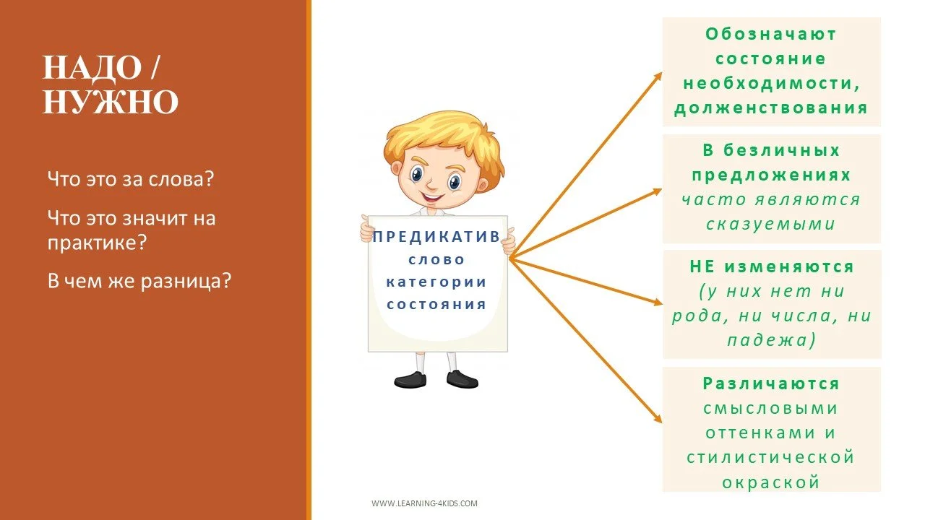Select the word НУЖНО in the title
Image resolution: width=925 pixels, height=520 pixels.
point(111,103)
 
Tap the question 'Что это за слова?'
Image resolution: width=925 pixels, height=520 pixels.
point(131,178)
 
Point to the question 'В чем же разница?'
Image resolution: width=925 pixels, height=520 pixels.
point(139,280)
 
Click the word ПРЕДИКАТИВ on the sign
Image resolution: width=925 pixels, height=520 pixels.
point(436,237)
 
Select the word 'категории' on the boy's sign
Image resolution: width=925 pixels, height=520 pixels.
point(436,282)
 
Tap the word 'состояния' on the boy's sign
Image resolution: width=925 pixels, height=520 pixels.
point(436,304)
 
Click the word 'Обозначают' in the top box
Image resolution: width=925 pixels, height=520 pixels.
point(771,34)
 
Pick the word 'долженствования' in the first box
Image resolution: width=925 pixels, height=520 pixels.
point(771,108)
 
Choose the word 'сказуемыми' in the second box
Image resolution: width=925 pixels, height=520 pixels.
point(771,224)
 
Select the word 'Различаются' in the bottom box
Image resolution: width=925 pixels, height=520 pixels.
point(771,383)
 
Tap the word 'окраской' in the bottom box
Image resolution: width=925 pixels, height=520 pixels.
point(771,482)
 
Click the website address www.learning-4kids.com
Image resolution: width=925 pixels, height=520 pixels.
point(424,503)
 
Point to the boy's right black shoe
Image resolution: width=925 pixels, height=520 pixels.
point(462,378)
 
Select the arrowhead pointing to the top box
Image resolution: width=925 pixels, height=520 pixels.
point(657,75)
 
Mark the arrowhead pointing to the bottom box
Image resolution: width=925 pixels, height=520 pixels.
point(657,419)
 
